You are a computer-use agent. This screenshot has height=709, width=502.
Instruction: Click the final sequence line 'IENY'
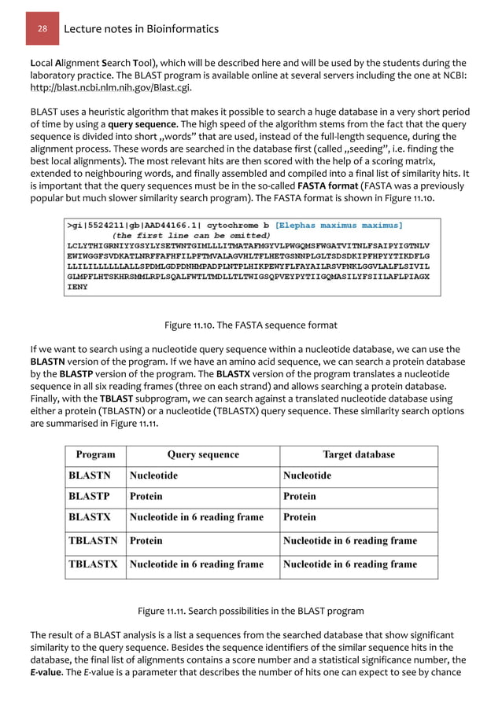[78, 287]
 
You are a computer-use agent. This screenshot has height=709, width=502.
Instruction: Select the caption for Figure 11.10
[250, 325]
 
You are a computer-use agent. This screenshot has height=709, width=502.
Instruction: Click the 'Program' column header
[95, 454]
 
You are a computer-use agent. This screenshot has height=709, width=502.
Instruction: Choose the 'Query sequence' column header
[203, 454]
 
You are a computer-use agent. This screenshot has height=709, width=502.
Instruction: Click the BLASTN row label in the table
[90, 476]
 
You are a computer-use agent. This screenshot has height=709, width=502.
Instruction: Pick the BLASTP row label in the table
[89, 496]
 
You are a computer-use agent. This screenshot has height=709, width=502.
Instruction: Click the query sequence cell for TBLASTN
[146, 541]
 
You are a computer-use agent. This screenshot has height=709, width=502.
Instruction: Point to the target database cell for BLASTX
[299, 517]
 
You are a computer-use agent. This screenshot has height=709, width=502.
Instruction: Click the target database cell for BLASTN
[307, 476]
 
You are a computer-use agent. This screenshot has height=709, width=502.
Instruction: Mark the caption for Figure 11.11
[250, 611]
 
